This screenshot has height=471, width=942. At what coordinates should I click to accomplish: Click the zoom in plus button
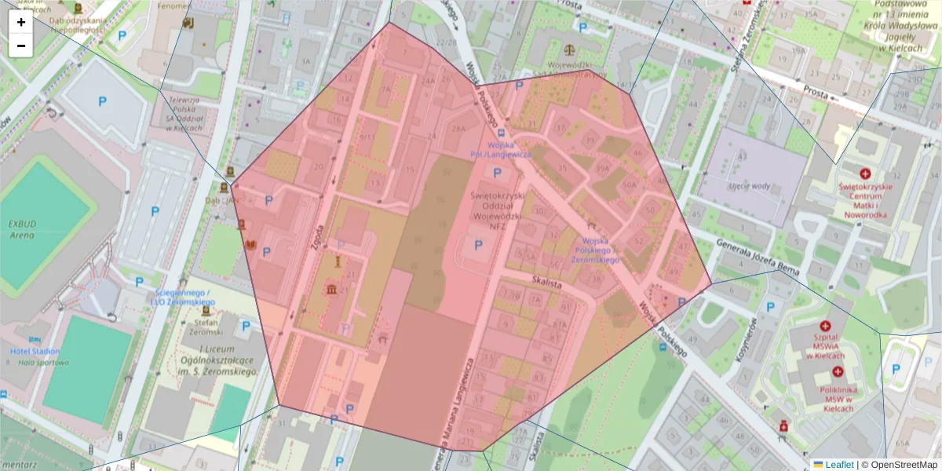[21, 22]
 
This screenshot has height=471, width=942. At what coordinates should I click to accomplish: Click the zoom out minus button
[21, 46]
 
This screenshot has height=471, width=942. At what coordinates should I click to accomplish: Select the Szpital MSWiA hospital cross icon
[825, 326]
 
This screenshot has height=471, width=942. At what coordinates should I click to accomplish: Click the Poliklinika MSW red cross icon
[838, 371]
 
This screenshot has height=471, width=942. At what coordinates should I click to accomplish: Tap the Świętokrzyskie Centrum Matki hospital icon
[865, 173]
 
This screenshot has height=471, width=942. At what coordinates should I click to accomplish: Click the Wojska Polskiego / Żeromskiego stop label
[597, 249]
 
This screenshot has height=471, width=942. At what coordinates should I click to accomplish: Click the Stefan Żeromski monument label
[206, 326]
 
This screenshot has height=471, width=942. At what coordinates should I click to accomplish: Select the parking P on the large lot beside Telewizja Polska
[102, 101]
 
